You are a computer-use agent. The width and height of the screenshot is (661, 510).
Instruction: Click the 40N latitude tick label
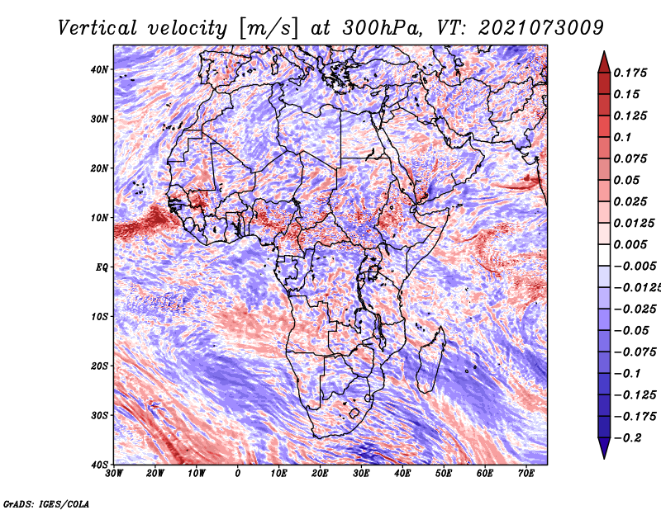coord(99,69)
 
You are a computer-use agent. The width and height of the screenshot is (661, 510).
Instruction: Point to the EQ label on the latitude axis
coord(102,267)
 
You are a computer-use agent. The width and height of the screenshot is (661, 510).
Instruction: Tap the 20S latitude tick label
coord(99,366)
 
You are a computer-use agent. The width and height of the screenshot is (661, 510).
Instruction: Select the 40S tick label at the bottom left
coord(99,465)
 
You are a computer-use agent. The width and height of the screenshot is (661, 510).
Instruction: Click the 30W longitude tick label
coord(114,474)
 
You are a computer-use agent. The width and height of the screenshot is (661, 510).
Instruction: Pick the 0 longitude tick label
coord(238,474)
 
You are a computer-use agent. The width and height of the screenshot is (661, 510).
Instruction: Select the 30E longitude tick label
coord(361,474)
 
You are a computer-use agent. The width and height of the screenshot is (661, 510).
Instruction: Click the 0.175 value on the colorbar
coord(630,73)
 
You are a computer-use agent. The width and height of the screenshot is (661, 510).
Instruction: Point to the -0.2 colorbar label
coord(628,438)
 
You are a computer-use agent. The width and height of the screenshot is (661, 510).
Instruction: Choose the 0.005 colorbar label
coord(630,244)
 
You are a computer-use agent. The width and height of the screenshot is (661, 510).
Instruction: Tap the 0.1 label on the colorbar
coord(623,137)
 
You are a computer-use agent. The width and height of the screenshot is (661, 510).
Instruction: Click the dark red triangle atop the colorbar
coord(604,63)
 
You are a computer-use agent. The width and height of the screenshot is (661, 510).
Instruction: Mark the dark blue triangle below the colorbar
coord(604,447)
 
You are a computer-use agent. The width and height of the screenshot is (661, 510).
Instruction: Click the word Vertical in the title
coord(97,28)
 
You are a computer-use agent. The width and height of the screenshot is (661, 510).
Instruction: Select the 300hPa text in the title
coord(382,28)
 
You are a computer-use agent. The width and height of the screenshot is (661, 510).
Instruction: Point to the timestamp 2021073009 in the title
coord(541,28)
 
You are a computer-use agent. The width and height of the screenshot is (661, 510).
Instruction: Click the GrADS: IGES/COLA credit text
coord(46,504)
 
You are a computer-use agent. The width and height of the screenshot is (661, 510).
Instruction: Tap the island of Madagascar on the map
coord(430,362)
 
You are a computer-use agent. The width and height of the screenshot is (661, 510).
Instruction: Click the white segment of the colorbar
coord(604,255)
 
